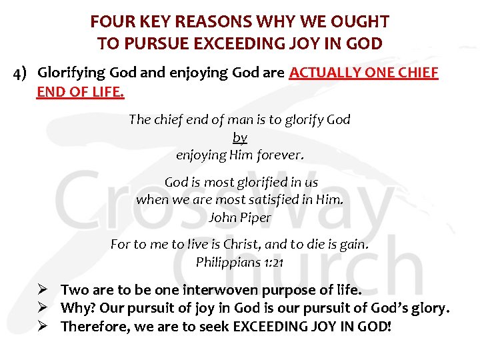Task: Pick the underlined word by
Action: (240, 137)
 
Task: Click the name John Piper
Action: (240, 217)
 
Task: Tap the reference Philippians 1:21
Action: (240, 262)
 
